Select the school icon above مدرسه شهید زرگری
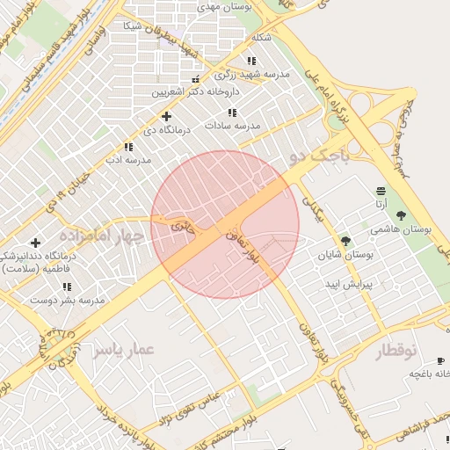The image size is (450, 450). pos(251,61)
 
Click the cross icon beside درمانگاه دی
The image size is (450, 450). pos(166,116)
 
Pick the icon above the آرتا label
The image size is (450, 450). pos(381,191)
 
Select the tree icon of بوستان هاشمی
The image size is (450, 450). pos(402,215)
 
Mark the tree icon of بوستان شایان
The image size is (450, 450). pos(345,241)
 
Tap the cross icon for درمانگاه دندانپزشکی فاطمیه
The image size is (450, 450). pos(35,243)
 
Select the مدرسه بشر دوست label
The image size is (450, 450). pos(67,300)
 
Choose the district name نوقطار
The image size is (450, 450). pos(396,351)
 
